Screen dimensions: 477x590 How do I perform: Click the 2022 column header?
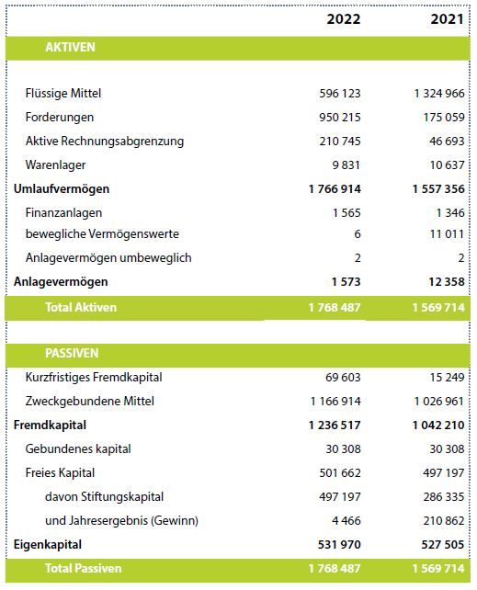tap(344, 18)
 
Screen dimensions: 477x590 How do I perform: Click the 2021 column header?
tap(448, 18)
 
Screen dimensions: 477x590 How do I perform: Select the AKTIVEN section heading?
tap(70, 48)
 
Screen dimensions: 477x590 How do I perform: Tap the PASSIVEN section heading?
tap(72, 353)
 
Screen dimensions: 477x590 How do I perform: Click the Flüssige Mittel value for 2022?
tap(340, 94)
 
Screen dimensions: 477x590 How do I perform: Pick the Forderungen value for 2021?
tap(444, 117)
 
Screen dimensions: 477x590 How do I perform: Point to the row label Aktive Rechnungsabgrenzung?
tap(105, 142)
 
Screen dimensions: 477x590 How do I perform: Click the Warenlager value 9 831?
tap(346, 165)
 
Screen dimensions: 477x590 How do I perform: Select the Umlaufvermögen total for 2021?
tap(438, 189)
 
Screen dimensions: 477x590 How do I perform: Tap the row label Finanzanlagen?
tap(63, 213)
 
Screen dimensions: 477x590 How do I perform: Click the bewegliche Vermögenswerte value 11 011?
tap(448, 234)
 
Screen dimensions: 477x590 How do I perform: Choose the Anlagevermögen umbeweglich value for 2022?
tap(358, 258)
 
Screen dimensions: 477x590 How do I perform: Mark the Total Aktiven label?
tap(81, 308)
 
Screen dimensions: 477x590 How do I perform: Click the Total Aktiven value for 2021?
tap(438, 308)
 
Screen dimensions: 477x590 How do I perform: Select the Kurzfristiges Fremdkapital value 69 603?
tap(343, 377)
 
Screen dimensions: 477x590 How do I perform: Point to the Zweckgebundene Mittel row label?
tap(90, 401)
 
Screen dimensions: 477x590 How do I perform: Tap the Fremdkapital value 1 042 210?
tap(438, 425)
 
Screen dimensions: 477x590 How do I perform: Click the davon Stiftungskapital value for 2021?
tap(444, 496)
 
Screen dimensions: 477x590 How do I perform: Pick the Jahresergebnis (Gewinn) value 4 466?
tap(346, 521)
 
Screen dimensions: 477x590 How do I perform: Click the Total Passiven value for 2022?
tap(335, 568)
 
